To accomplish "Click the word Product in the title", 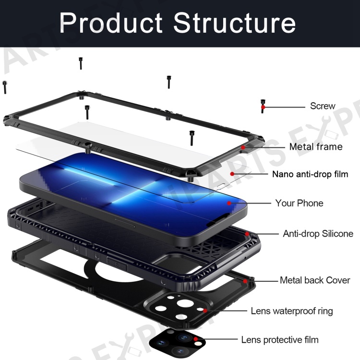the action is (111, 23).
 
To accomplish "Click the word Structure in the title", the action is (234, 23).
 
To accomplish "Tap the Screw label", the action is (323, 106).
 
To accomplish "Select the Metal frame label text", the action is (316, 146).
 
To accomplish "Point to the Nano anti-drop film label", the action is (310, 174).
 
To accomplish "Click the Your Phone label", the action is (299, 203).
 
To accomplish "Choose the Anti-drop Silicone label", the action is (318, 233).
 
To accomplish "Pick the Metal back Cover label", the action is (315, 280).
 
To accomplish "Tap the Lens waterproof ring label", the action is (291, 311).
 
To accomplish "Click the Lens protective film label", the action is (280, 339).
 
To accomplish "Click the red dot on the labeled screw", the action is (263, 107).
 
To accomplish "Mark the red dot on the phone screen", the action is (229, 203).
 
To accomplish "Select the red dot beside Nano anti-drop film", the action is (232, 174).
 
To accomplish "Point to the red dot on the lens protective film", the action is (195, 339).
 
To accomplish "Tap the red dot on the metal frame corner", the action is (243, 147).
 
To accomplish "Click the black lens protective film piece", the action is (177, 343).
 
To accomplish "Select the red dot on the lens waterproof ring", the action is (205, 311).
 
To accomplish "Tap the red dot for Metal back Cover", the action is (245, 281).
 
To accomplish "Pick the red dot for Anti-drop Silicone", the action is (247, 234).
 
